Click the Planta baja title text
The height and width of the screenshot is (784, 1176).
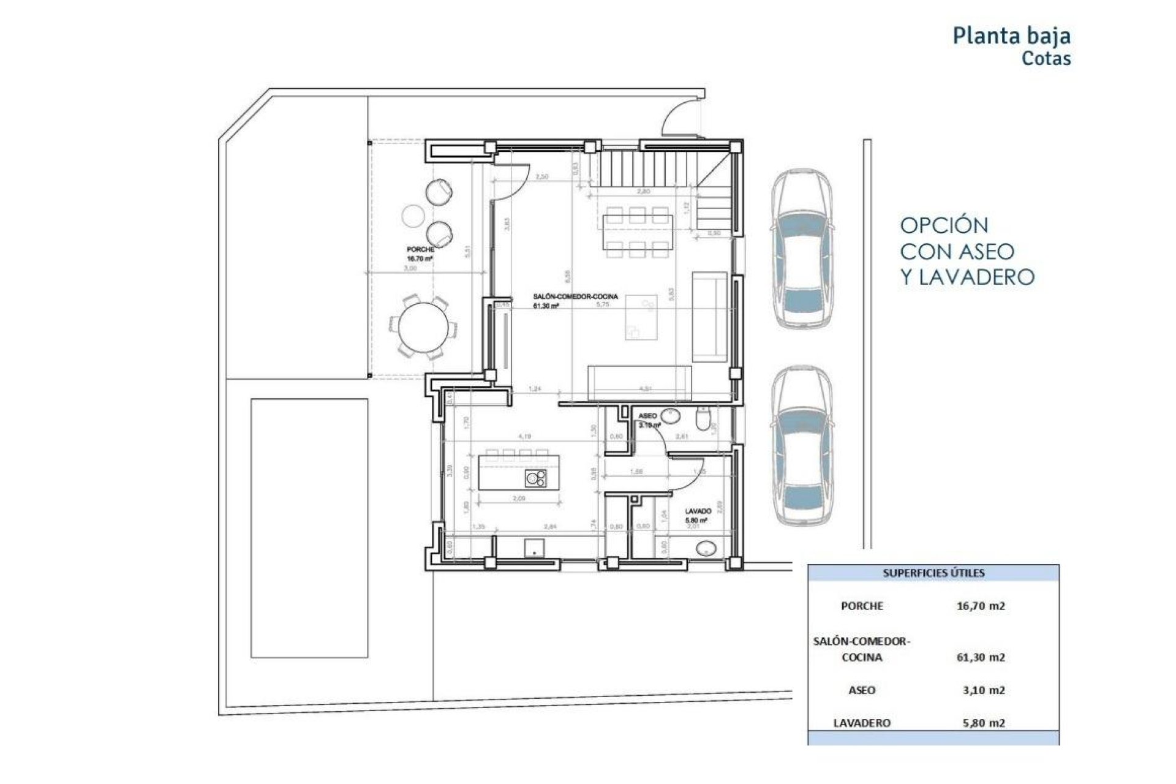coord(1011,36)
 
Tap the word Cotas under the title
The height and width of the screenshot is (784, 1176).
coord(1046,59)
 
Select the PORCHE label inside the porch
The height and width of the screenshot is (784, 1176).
coord(420,250)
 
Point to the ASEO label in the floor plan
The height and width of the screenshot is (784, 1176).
coord(647,416)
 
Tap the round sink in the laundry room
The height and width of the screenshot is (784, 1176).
coord(706,549)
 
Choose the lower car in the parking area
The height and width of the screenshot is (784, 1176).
coord(801,446)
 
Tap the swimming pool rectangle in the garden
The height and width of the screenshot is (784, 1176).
coord(309,528)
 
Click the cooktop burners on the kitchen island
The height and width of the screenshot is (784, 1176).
coord(537,478)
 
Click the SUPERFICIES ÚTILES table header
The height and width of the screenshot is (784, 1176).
coord(933,573)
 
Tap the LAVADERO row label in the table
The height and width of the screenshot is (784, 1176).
coord(861,723)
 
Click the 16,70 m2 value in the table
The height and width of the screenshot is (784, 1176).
coord(981,606)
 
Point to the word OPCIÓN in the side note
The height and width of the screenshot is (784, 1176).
coord(944,225)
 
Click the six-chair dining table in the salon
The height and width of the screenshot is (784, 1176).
coord(637,232)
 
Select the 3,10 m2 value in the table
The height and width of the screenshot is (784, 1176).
coord(983,690)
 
